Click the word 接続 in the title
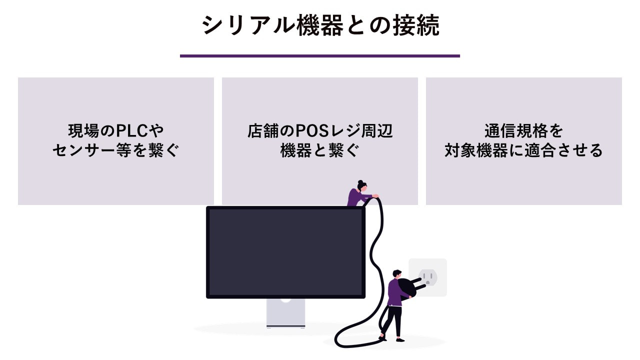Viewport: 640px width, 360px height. click(416, 25)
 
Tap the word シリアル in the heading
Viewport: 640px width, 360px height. click(248, 25)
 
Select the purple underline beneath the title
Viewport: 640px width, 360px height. click(319, 56)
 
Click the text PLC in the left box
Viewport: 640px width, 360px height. click(131, 131)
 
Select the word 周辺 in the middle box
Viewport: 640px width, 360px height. click(377, 131)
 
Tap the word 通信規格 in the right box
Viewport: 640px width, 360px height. click(515, 131)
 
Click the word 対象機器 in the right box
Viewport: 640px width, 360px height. click(476, 150)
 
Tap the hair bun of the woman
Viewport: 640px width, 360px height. click(360, 182)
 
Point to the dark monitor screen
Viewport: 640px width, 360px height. click(285, 252)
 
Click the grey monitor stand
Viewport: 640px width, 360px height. click(285, 313)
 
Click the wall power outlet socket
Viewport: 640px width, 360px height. click(427, 277)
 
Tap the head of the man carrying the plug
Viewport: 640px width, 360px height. click(397, 273)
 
